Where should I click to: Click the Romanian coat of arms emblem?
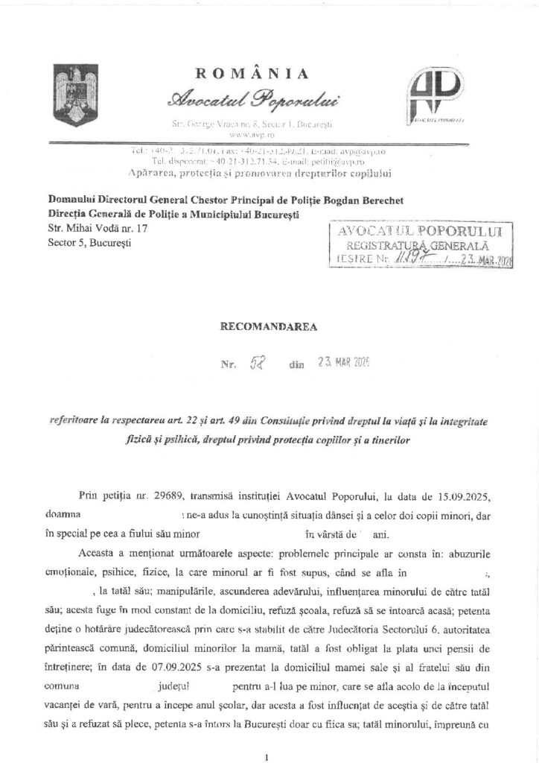[x=74, y=95]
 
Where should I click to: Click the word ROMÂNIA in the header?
[x=252, y=72]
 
